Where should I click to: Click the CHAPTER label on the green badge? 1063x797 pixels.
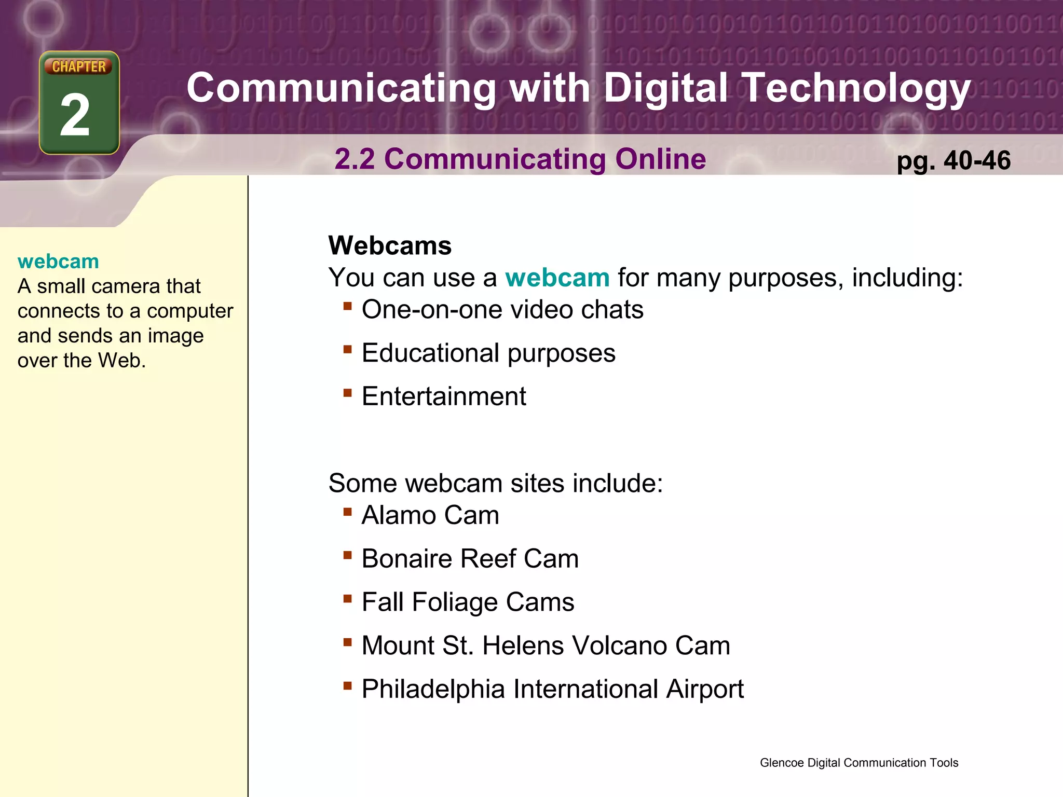pos(79,66)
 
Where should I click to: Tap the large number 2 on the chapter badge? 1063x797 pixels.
pos(75,115)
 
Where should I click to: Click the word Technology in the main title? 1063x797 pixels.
pos(856,88)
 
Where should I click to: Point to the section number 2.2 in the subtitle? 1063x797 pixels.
pos(355,159)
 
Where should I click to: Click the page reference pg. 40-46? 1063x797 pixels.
pos(953,160)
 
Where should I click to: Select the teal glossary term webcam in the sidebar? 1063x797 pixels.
pos(58,262)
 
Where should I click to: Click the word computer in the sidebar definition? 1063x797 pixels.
pos(190,311)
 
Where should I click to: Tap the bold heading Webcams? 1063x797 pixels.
pos(390,245)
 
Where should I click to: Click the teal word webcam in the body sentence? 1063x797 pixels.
pos(557,278)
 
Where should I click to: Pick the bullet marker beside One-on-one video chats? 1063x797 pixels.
pos(347,306)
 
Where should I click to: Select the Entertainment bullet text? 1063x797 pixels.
pos(444,396)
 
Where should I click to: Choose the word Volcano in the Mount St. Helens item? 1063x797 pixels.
pos(611,646)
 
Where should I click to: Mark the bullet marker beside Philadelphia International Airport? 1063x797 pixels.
pos(347,685)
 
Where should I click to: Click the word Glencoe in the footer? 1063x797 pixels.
pos(782,763)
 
